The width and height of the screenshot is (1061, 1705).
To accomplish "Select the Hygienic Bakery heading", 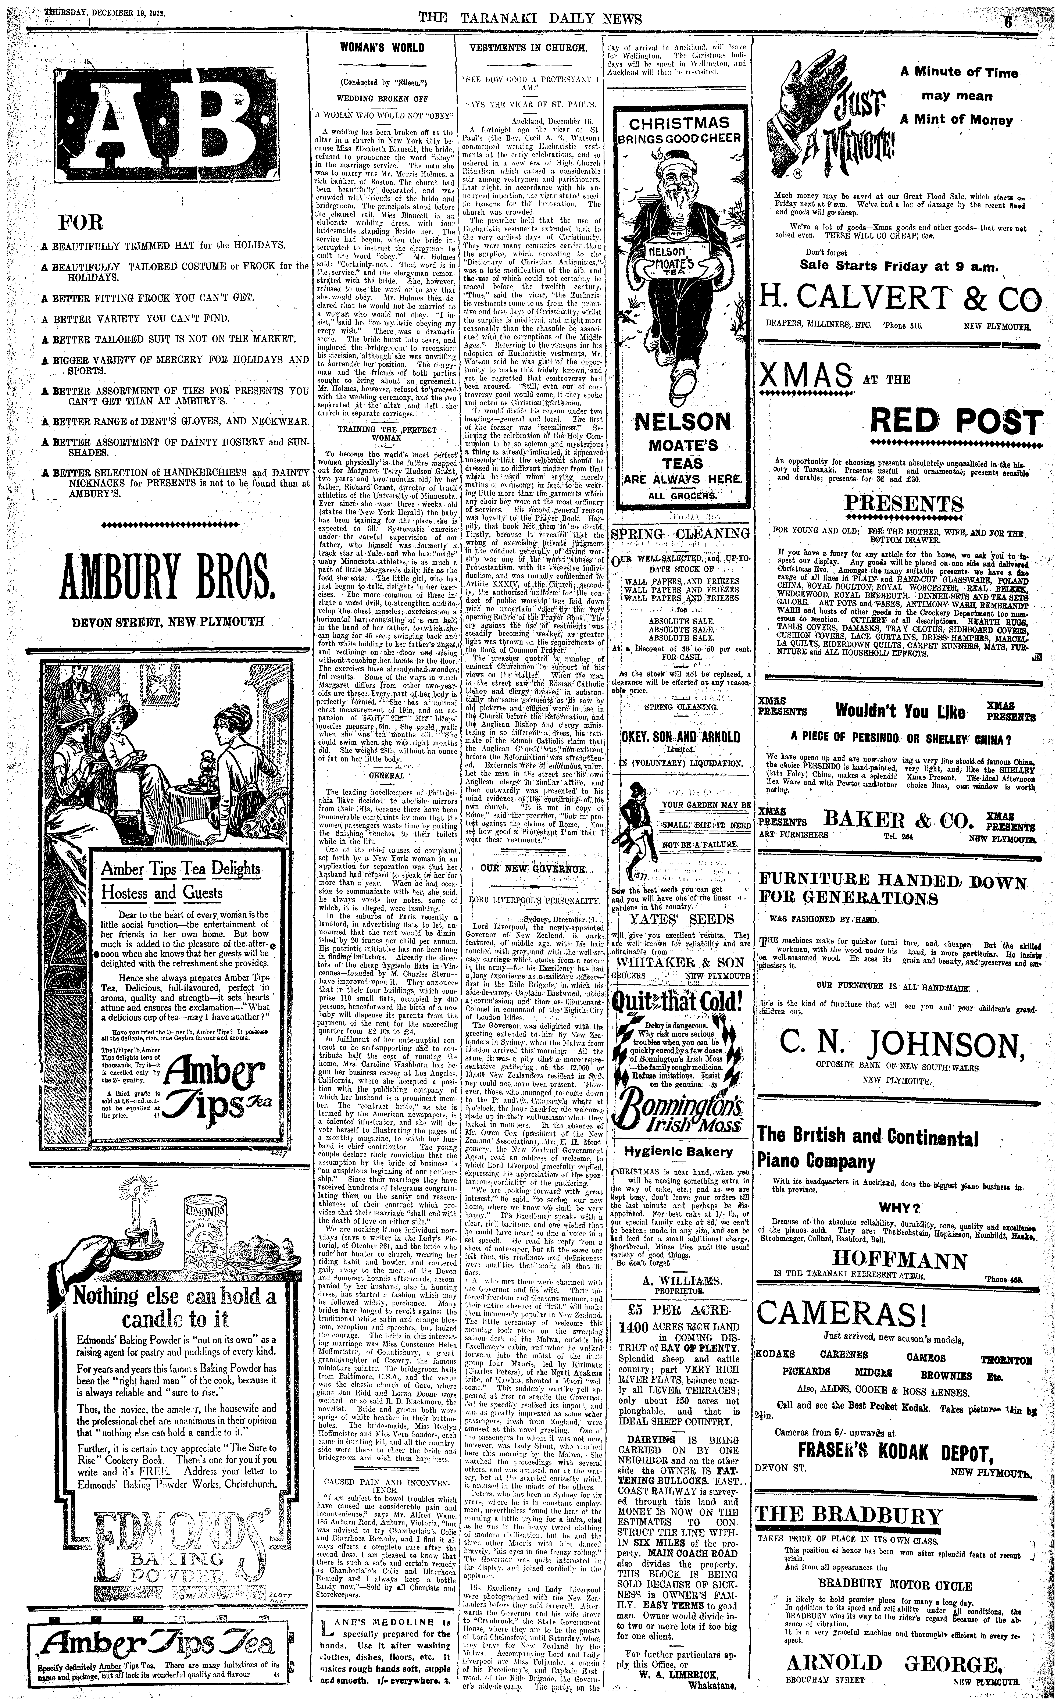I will (x=678, y=1151).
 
